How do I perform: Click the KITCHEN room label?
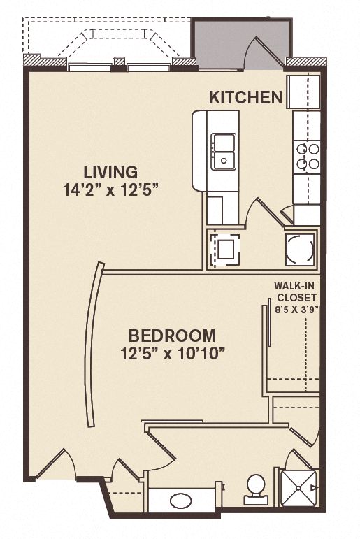click(245, 97)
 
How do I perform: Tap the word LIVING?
click(110, 171)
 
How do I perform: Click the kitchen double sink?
click(224, 151)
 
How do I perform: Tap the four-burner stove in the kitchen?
click(307, 156)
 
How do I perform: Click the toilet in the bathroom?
click(255, 487)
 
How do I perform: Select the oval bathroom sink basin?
click(181, 501)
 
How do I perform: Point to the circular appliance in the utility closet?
click(301, 248)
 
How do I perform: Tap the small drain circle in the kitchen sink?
click(224, 160)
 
